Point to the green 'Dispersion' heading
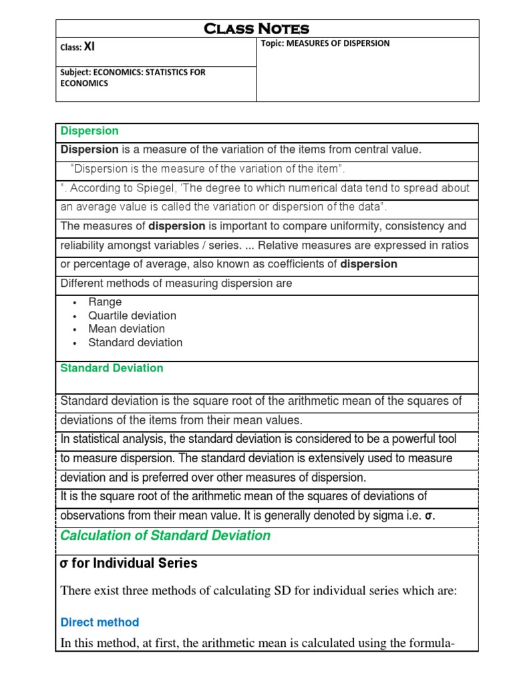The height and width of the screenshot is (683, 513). (90, 131)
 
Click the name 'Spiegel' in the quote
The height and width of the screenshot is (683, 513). (168, 188)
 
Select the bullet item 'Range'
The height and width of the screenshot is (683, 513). (105, 302)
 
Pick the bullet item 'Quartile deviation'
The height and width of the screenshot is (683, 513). (132, 315)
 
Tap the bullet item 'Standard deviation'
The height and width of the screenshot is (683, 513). (135, 342)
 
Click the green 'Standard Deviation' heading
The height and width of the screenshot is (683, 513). (112, 368)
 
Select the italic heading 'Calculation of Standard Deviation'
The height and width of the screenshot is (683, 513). (165, 536)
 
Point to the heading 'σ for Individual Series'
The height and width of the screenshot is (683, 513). (129, 564)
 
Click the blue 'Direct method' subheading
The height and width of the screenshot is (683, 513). (100, 622)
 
